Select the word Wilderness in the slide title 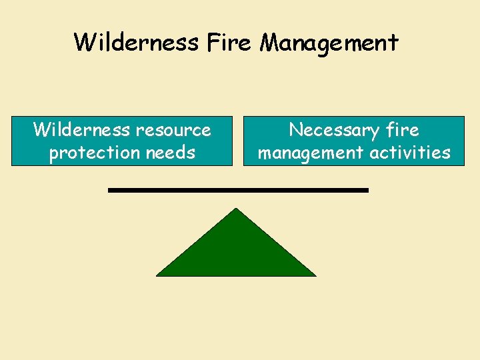pyautogui.click(x=136, y=43)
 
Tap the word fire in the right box pyautogui.click(x=399, y=129)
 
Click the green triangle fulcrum pyautogui.click(x=236, y=250)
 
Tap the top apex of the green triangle pyautogui.click(x=236, y=210)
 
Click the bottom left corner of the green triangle pyautogui.click(x=158, y=275)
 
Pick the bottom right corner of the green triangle pyautogui.click(x=314, y=275)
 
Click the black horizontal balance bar pyautogui.click(x=238, y=190)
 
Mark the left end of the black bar pyautogui.click(x=110, y=190)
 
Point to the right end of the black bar pyautogui.click(x=367, y=190)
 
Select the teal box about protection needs pyautogui.click(x=122, y=141)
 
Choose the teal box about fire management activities pyautogui.click(x=353, y=141)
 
